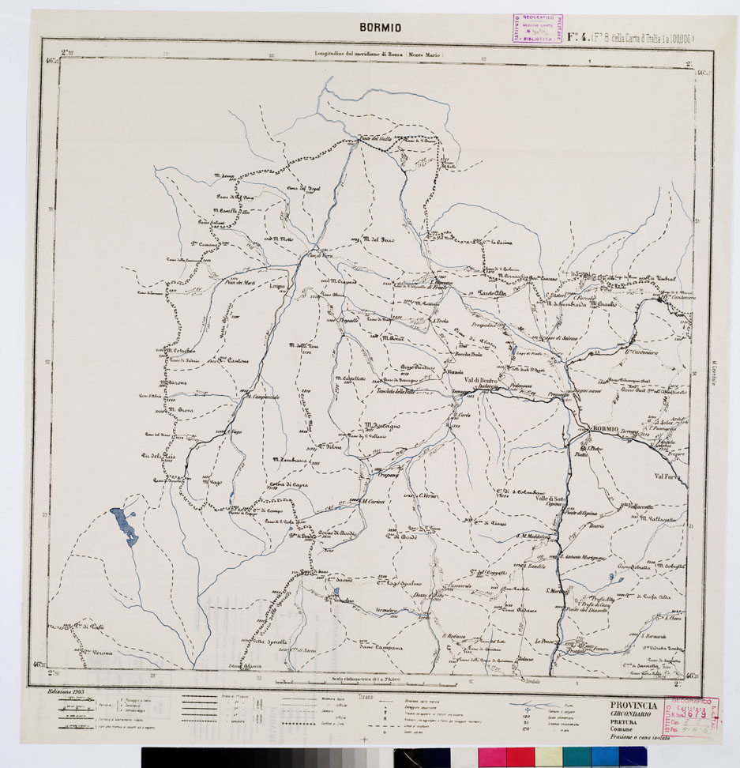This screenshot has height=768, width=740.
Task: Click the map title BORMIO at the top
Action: coord(380,28)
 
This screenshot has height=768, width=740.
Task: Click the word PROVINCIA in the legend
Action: coord(633,705)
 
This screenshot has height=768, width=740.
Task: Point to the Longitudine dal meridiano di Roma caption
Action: coord(378,55)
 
